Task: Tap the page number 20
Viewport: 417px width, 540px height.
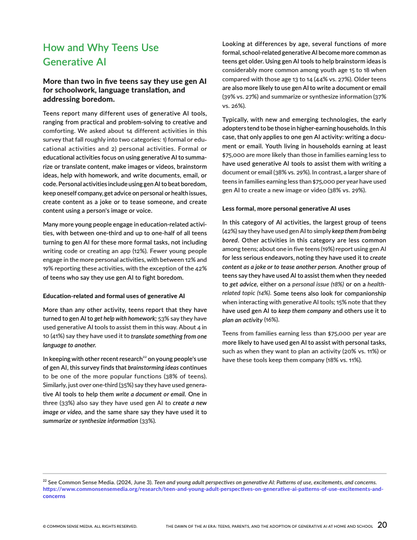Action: (382, 524)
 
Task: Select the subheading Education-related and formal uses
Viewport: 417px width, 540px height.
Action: (114, 296)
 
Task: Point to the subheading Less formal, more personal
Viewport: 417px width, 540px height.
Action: (286, 208)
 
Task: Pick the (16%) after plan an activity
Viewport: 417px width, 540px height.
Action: (271, 320)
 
